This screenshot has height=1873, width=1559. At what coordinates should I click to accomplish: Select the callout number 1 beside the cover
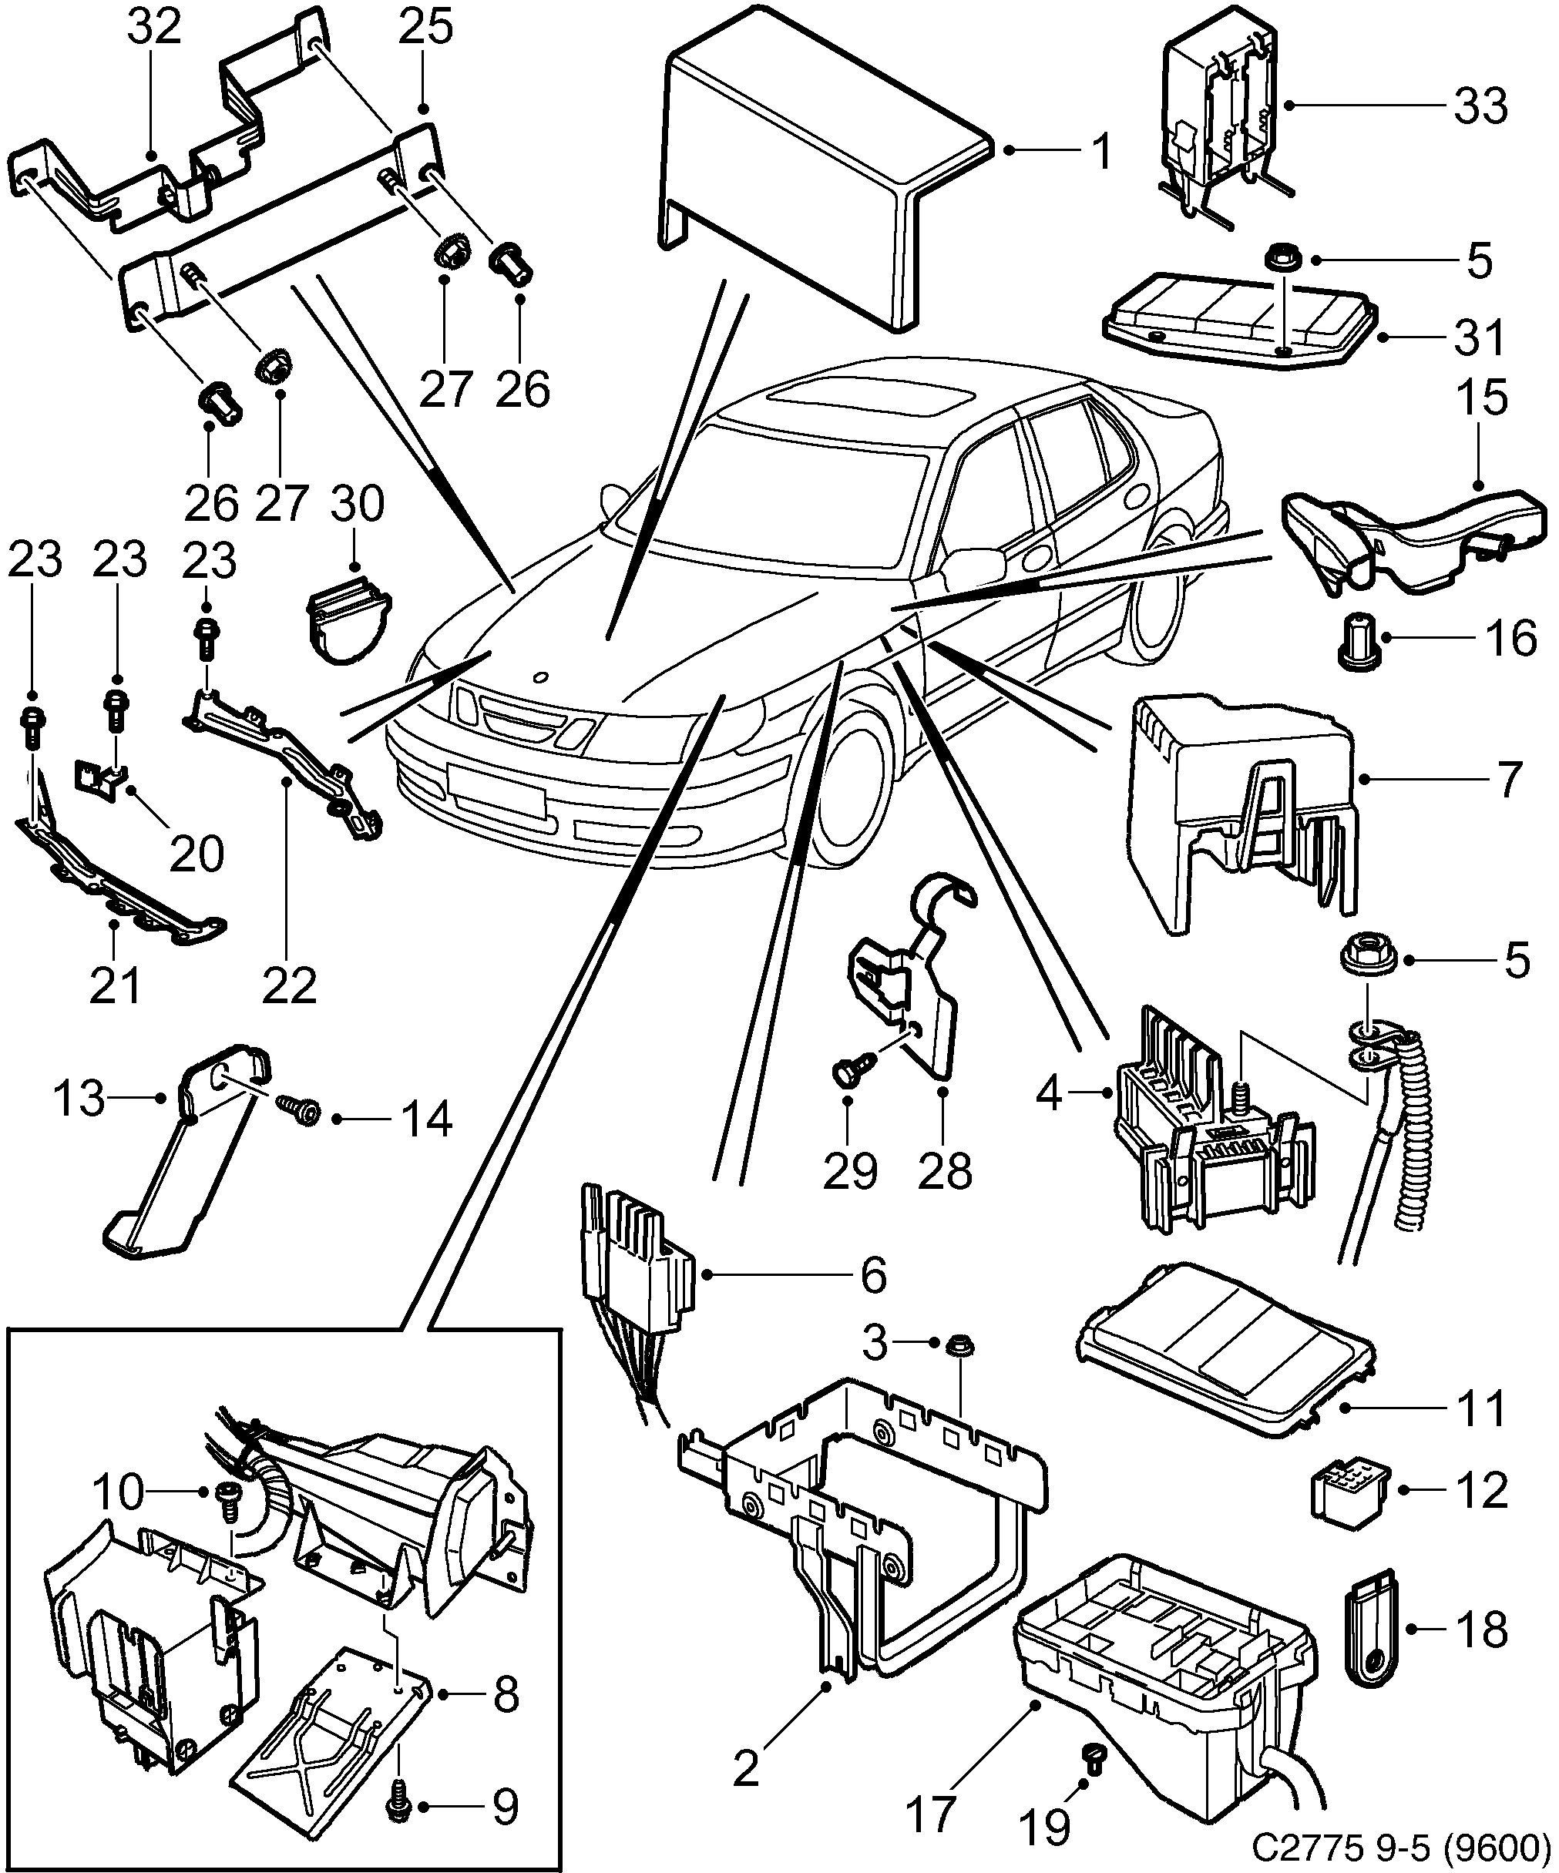point(1102,152)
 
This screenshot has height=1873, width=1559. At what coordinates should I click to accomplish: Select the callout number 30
point(357,505)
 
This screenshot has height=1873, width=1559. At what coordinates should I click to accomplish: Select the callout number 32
point(153,29)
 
